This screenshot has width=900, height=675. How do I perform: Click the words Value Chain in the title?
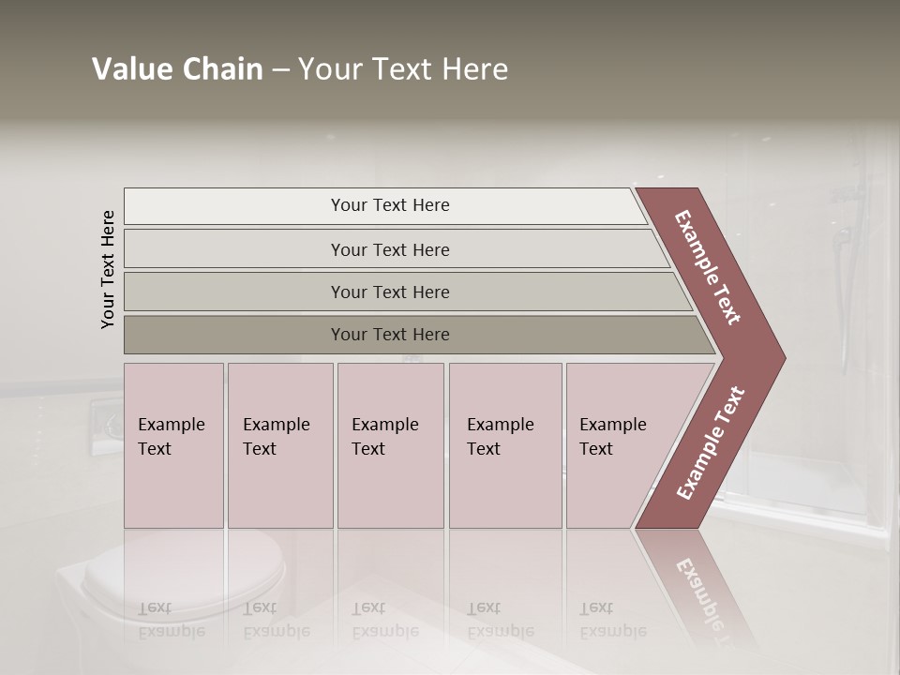tap(177, 69)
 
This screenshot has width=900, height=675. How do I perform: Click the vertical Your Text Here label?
tap(108, 269)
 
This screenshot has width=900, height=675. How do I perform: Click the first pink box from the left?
tap(173, 445)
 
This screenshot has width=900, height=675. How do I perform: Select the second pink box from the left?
tap(280, 445)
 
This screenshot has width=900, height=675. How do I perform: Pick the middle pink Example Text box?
tap(390, 445)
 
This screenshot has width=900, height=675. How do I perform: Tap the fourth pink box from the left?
tap(505, 445)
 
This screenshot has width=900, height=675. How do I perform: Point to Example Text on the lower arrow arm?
tap(711, 442)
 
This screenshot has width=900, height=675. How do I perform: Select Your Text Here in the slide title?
tap(403, 69)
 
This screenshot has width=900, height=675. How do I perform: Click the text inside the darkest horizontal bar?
tap(390, 335)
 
